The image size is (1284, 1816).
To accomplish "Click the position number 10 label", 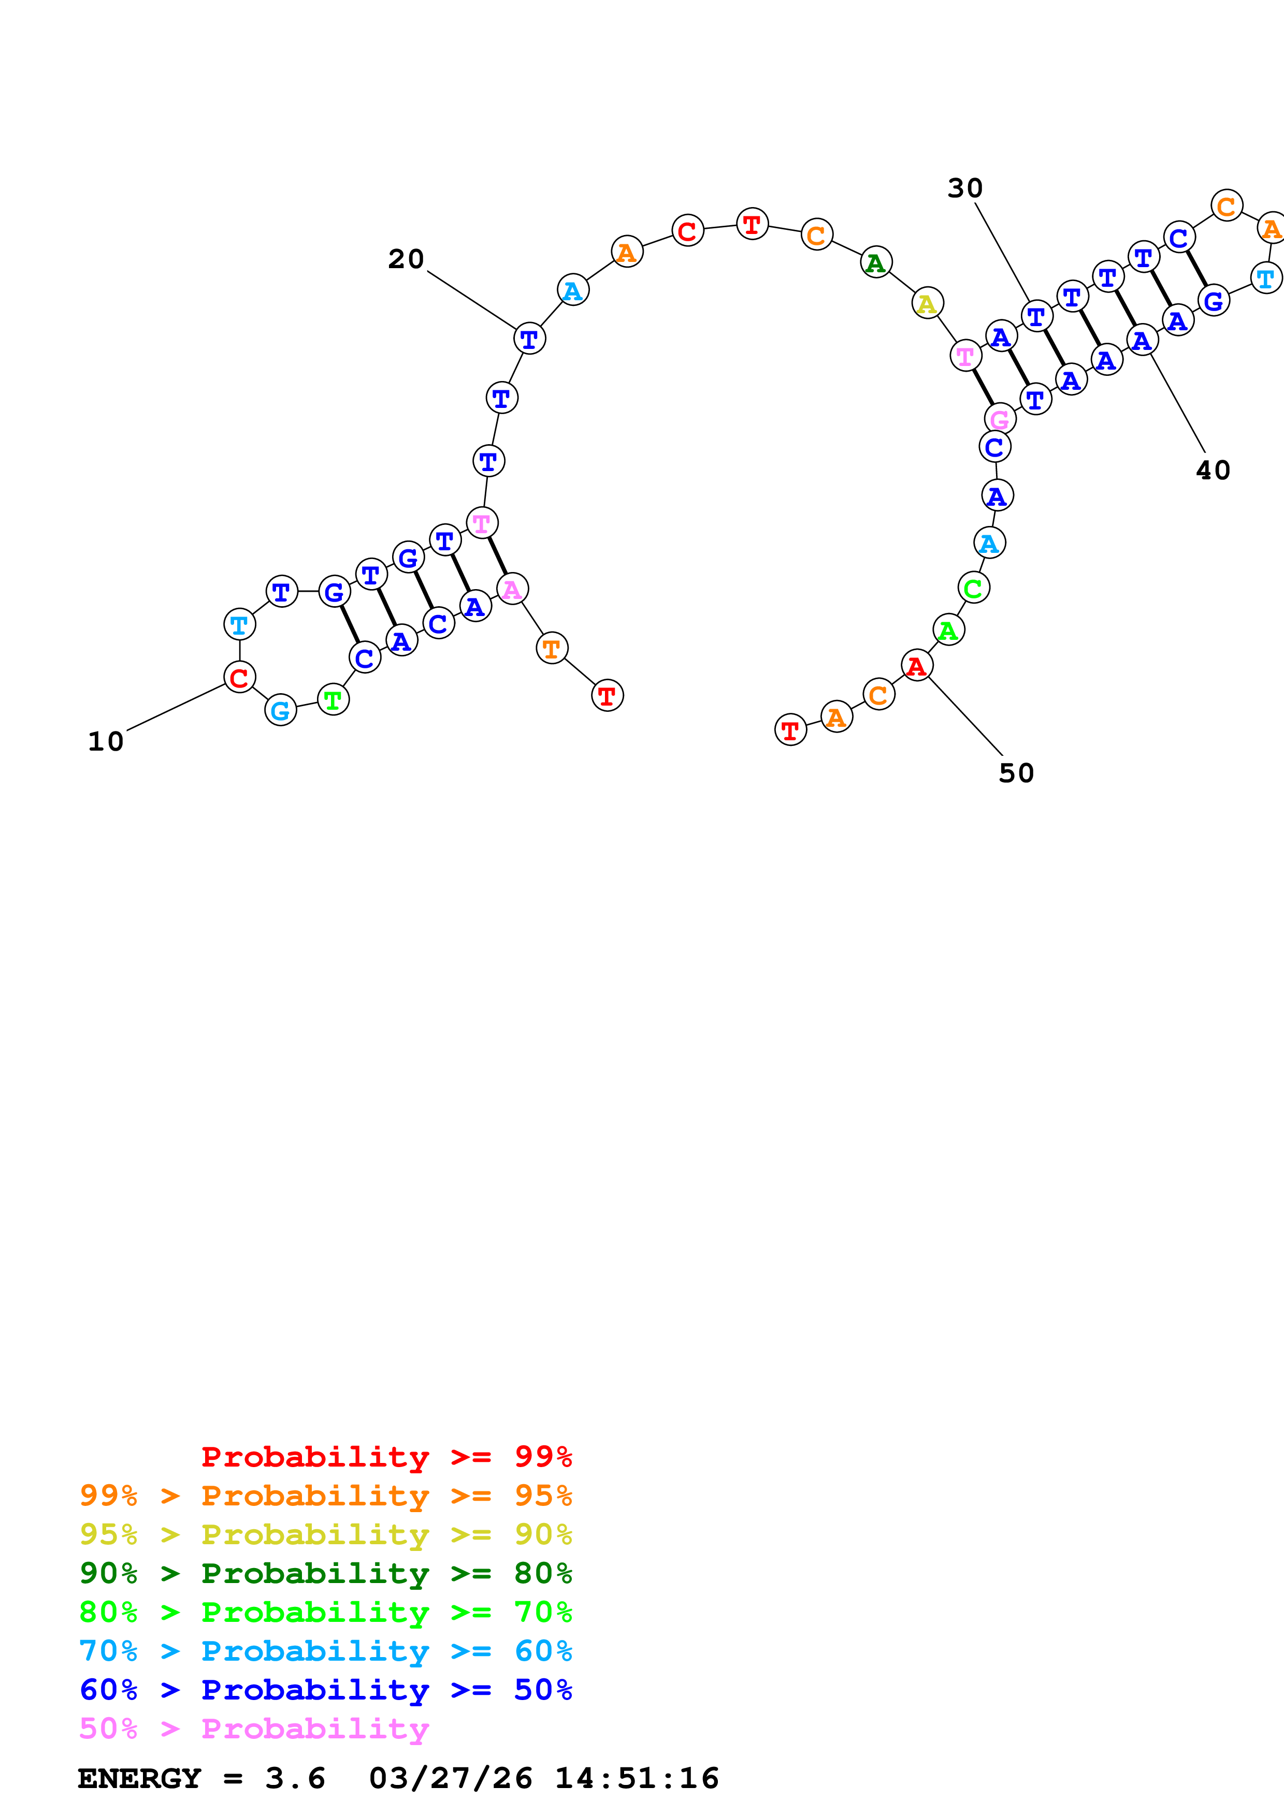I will pos(105,742).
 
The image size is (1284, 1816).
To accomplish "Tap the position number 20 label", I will pos(406,259).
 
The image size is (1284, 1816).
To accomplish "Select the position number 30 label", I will pos(964,188).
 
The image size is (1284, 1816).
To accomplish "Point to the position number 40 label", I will pos(1213,471).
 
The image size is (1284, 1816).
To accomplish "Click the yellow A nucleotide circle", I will pos(927,303).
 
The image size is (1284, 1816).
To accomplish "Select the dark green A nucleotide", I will pos(876,262).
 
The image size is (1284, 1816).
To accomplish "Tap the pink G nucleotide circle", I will pos(1000,419).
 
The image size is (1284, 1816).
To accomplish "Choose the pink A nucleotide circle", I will pos(512,589).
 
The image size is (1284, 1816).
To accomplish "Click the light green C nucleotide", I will pos(973,588).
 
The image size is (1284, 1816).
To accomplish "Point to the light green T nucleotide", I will pos(333,699).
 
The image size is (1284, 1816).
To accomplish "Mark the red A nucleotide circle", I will pos(917,665).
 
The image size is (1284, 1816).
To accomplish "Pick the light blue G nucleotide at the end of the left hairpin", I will pos(280,710).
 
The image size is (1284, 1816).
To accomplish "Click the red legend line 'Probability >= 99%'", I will pos(386,1457).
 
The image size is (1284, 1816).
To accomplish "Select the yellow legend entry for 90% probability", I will pos(325,1535).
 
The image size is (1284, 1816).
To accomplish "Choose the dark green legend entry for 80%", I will pos(325,1574).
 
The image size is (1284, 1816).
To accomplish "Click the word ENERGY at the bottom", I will pos(139,1779).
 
